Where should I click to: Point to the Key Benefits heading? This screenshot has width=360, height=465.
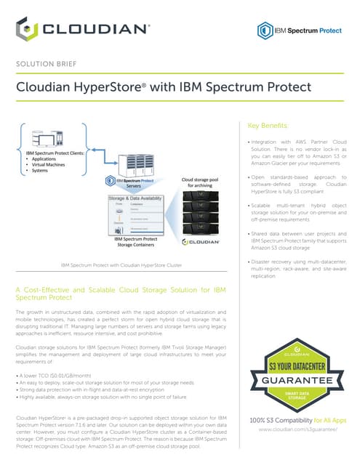268,125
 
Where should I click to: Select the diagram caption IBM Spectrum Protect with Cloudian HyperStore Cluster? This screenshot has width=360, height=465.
121,266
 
